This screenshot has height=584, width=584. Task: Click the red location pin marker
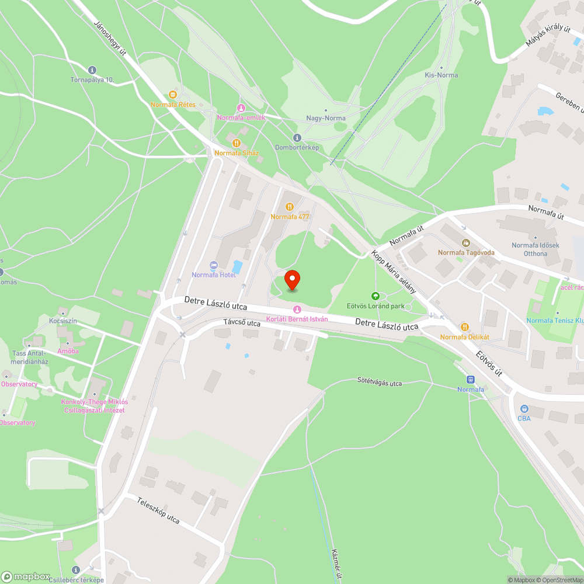tap(292, 280)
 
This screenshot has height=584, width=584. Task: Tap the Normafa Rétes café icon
tap(172, 95)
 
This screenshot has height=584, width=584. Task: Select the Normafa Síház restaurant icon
tap(236, 142)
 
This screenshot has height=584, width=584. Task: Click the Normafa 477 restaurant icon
tap(290, 207)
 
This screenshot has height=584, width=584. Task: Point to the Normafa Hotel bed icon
tap(213, 265)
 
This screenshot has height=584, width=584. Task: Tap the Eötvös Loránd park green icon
tap(376, 296)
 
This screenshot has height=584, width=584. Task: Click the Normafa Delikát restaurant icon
tap(464, 327)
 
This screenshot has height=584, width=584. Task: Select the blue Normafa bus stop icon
tap(470, 380)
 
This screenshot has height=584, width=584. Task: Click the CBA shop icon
tap(523, 409)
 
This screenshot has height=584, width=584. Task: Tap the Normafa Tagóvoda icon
tap(466, 242)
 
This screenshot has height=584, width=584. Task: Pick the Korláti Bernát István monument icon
tap(297, 309)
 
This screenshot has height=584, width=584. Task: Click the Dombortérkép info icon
tap(297, 138)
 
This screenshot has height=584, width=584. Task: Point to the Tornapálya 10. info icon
tap(92, 70)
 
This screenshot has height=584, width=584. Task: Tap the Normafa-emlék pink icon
tap(241, 108)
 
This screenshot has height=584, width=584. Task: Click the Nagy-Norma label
tap(326, 118)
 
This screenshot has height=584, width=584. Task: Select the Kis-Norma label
tap(441, 75)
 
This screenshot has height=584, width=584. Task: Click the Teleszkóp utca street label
tap(158, 510)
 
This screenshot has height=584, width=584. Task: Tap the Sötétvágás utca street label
tap(380, 383)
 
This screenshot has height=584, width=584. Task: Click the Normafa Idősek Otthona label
tap(536, 249)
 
